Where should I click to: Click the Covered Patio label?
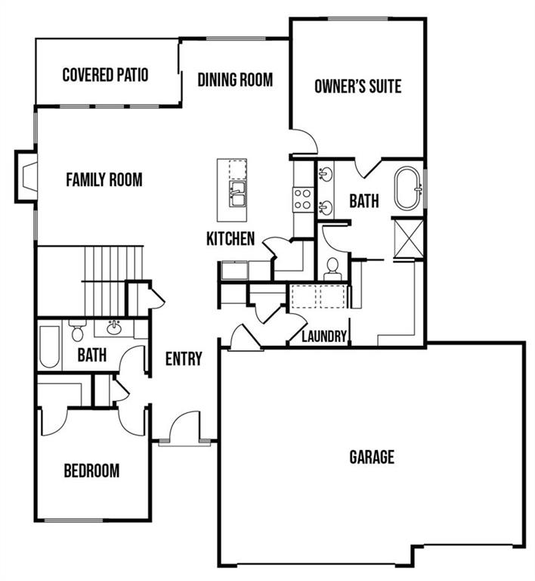(106, 75)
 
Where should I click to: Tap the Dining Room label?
(235, 79)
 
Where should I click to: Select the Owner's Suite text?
(357, 86)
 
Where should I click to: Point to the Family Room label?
(104, 180)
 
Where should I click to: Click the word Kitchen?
(230, 238)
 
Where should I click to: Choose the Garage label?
(372, 457)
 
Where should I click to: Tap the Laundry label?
(324, 337)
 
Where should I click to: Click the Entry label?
(184, 359)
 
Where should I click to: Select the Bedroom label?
(91, 471)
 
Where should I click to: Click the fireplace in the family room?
(26, 176)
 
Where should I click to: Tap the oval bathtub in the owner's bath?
(407, 188)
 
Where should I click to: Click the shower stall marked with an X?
(409, 238)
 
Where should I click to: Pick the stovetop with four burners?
(303, 200)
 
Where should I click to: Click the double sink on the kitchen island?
(237, 194)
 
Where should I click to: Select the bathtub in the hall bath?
(50, 346)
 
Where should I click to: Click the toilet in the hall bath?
(77, 331)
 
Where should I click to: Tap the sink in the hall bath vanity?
(114, 328)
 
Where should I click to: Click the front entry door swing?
(184, 426)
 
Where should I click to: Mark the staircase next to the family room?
(113, 281)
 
